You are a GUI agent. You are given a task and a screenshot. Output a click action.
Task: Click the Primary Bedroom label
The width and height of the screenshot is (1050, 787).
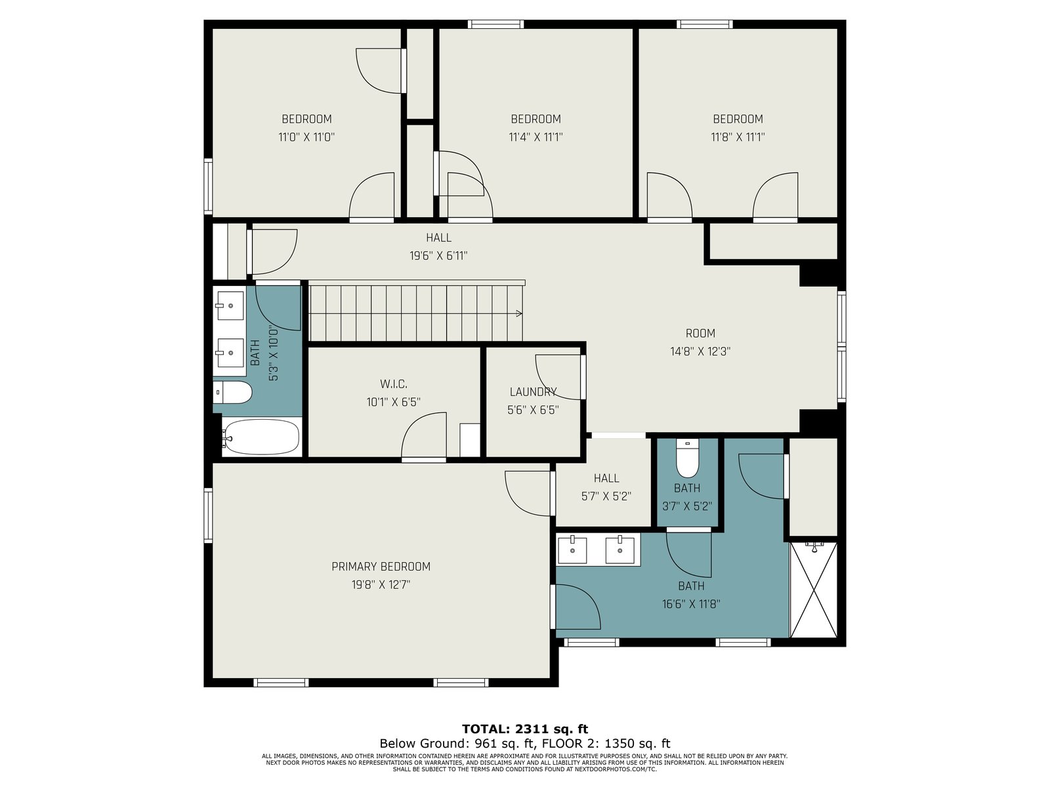(381, 567)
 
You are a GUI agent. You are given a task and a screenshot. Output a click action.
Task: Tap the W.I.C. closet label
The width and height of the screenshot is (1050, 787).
(394, 384)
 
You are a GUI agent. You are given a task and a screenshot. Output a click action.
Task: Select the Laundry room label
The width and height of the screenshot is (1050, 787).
(533, 392)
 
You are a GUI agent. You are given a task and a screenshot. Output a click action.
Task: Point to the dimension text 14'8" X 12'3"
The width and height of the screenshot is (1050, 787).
(700, 352)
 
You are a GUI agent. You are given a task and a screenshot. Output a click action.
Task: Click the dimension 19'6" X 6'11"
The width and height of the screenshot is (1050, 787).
(438, 256)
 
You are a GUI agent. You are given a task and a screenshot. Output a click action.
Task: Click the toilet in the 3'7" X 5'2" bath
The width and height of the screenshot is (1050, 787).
(687, 458)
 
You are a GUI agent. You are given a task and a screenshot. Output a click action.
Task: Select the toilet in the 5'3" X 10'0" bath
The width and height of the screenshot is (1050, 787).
(232, 393)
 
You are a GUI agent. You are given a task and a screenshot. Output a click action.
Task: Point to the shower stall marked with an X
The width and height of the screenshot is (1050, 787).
(813, 589)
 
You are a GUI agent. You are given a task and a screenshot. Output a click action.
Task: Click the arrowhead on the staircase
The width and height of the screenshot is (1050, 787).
(519, 314)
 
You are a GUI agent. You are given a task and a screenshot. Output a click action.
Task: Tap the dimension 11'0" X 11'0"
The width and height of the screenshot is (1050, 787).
(306, 137)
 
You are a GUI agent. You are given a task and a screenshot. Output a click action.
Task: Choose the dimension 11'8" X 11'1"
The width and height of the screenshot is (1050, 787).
(738, 137)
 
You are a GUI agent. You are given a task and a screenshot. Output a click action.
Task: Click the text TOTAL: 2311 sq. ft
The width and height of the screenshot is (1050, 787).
(525, 729)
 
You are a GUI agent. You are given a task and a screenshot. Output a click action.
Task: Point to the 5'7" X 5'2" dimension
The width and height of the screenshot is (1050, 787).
(606, 496)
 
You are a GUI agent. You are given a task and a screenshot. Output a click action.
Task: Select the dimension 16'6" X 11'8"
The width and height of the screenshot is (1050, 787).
(691, 604)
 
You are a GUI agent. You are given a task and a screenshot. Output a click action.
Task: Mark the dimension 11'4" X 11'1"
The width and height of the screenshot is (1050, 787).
(535, 137)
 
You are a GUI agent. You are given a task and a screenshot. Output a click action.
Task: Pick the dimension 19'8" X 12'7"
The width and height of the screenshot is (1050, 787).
(381, 585)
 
